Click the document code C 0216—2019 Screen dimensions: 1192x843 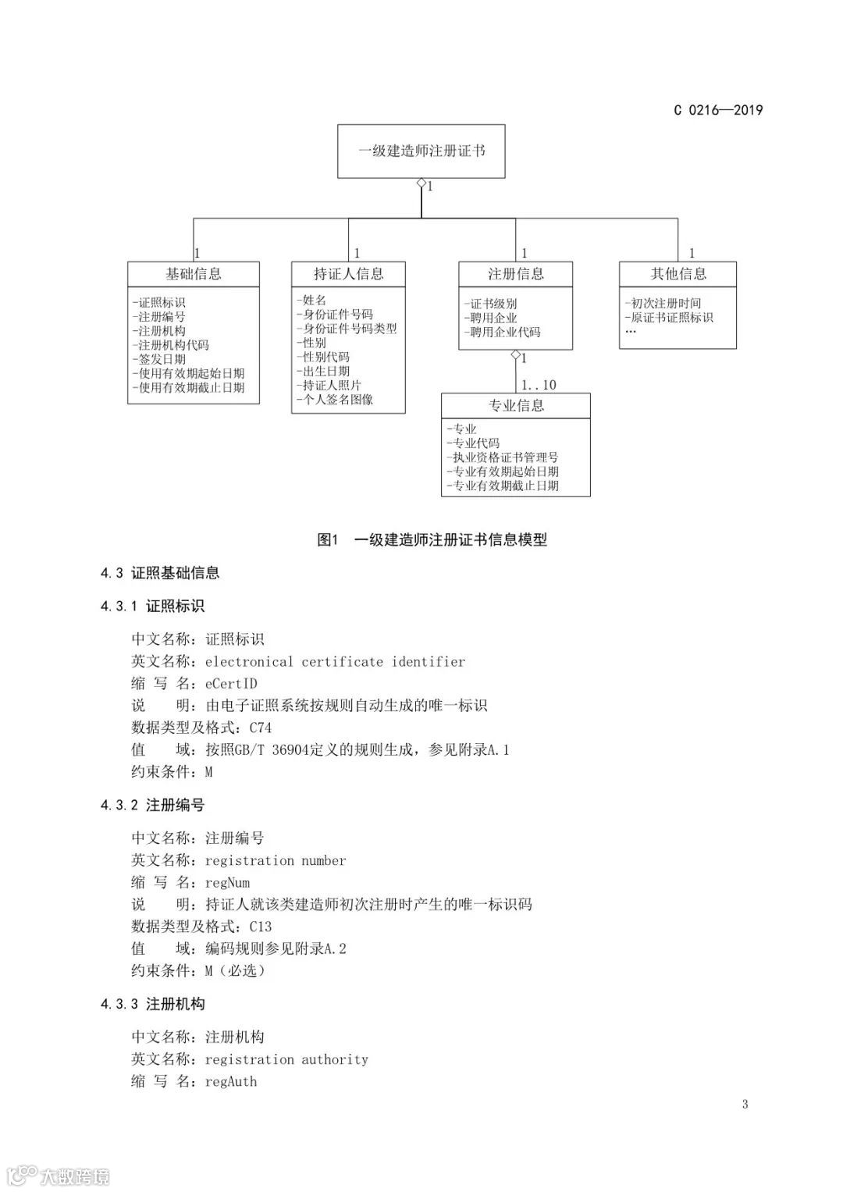(718, 110)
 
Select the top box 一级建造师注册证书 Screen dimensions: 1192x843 (421, 151)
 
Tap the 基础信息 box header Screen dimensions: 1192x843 (194, 274)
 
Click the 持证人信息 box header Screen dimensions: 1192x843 (348, 274)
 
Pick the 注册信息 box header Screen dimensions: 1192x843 (515, 274)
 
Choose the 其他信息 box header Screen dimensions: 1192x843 (678, 274)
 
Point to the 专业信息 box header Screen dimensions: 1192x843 (515, 405)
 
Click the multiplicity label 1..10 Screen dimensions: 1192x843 (539, 385)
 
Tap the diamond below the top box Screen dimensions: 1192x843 (421, 183)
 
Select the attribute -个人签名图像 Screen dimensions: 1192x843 (335, 400)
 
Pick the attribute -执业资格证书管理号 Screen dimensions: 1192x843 (503, 457)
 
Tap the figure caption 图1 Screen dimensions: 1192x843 (326, 540)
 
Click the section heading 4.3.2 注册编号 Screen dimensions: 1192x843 (152, 805)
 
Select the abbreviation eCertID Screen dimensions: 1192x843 (231, 684)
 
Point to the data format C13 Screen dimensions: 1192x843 (261, 927)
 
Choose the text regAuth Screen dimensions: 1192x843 (231, 1081)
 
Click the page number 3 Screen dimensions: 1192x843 (745, 1104)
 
